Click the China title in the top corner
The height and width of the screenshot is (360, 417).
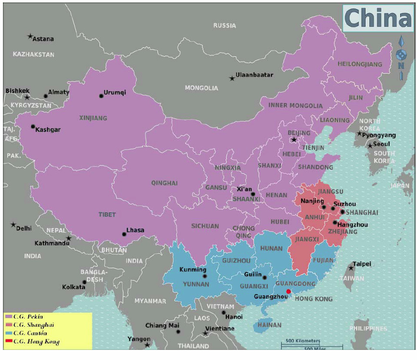pos(378,18)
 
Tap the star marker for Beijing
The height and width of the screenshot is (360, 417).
pos(294,140)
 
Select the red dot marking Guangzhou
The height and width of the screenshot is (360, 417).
pos(289,291)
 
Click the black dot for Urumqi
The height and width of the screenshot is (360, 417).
pos(101,96)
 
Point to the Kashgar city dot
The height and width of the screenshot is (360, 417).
pos(33,127)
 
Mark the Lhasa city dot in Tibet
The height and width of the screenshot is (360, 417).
pos(124,234)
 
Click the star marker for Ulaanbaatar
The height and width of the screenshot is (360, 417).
pos(232,78)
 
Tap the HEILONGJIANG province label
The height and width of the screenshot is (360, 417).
pos(360,64)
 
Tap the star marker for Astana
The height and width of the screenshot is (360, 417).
pos(30,36)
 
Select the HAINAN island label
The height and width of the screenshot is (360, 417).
pos(269,325)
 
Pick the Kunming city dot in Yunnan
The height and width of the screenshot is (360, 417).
pos(205,276)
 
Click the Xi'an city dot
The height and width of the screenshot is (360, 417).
pos(253,194)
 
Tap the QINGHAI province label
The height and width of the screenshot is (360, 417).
pos(164,183)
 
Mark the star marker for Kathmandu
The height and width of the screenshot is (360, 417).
pos(69,238)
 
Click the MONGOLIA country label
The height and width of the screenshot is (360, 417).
pos(202,88)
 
